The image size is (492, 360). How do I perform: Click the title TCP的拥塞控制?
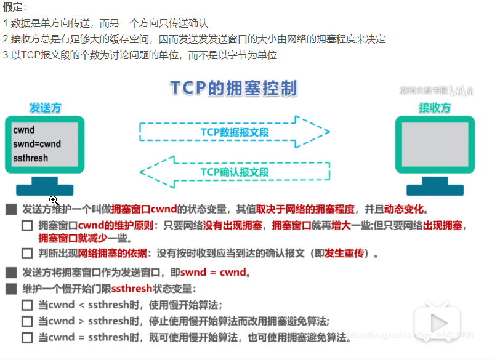[x=234, y=88]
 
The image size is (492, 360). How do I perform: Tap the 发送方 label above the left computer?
[x=45, y=108]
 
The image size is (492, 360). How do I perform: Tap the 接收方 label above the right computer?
[x=435, y=108]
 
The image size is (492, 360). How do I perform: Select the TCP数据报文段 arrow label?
[x=235, y=132]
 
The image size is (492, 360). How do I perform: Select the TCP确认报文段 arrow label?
[x=235, y=172]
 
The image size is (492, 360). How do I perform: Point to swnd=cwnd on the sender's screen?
[x=37, y=144]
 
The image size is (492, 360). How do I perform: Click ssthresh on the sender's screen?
[x=30, y=158]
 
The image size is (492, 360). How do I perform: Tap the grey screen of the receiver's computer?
[x=435, y=144]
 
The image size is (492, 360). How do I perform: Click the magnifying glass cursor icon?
[x=54, y=200]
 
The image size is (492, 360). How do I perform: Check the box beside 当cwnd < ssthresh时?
[x=27, y=305]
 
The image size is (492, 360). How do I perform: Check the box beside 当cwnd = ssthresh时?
[x=27, y=338]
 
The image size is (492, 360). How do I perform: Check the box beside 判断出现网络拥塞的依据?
[x=27, y=254]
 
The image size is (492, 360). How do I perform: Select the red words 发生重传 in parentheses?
[x=344, y=253]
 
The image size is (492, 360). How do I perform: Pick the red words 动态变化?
[x=404, y=209]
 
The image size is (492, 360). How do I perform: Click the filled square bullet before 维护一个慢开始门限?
[x=11, y=289]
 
